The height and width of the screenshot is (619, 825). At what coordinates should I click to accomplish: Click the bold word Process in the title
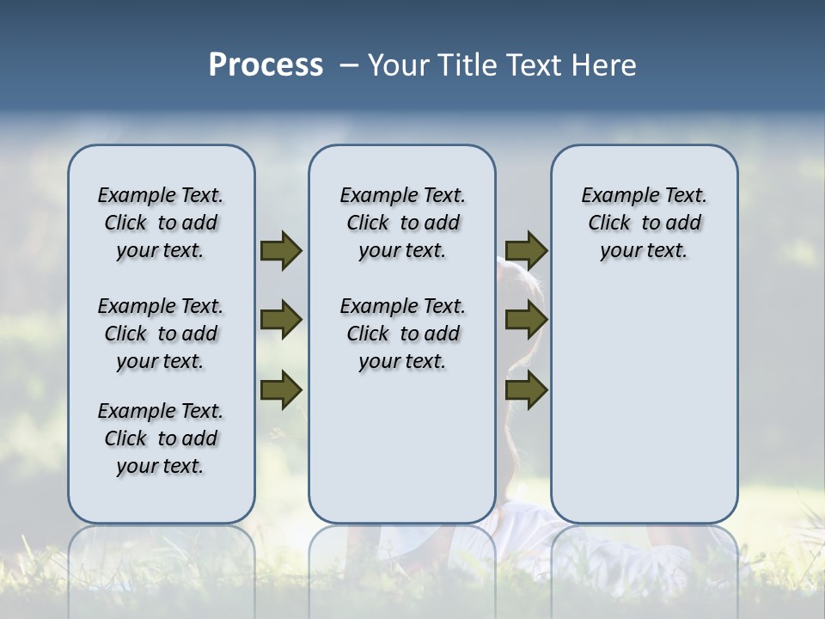point(266,65)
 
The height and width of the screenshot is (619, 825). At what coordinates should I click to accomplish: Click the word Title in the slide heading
point(467,65)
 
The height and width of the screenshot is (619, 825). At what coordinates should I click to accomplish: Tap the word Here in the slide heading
point(605,65)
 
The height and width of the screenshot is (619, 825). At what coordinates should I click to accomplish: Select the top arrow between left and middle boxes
point(281,251)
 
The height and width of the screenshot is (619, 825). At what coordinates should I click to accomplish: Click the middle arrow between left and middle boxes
point(281,321)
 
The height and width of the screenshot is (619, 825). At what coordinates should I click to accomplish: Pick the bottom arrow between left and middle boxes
point(281,389)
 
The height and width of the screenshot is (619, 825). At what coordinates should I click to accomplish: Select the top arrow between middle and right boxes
point(526,251)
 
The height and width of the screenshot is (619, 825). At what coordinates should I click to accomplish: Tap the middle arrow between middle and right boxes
point(526,321)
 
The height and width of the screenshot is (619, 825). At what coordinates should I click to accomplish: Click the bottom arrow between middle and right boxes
point(526,389)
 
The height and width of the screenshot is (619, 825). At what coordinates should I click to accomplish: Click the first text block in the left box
point(161,223)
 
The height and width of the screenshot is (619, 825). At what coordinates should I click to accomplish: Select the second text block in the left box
point(161,334)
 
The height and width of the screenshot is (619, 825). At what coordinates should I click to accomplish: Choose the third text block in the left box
point(161,438)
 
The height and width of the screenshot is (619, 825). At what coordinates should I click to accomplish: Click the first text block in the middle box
point(402,223)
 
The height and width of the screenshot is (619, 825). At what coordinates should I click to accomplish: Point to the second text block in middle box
point(402,334)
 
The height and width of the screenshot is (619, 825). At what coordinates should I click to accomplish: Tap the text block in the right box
point(644,223)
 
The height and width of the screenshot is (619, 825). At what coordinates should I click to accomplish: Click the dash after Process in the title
point(348,65)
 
